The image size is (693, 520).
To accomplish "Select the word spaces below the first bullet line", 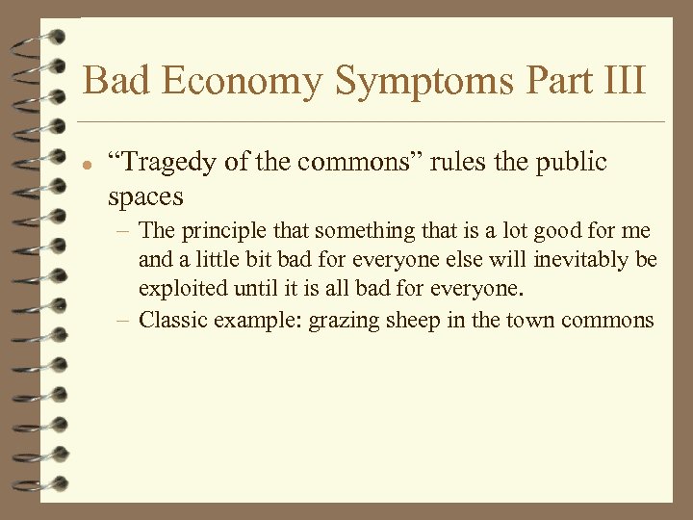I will pos(145,197).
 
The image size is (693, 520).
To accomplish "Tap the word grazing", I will pos(342,321).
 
